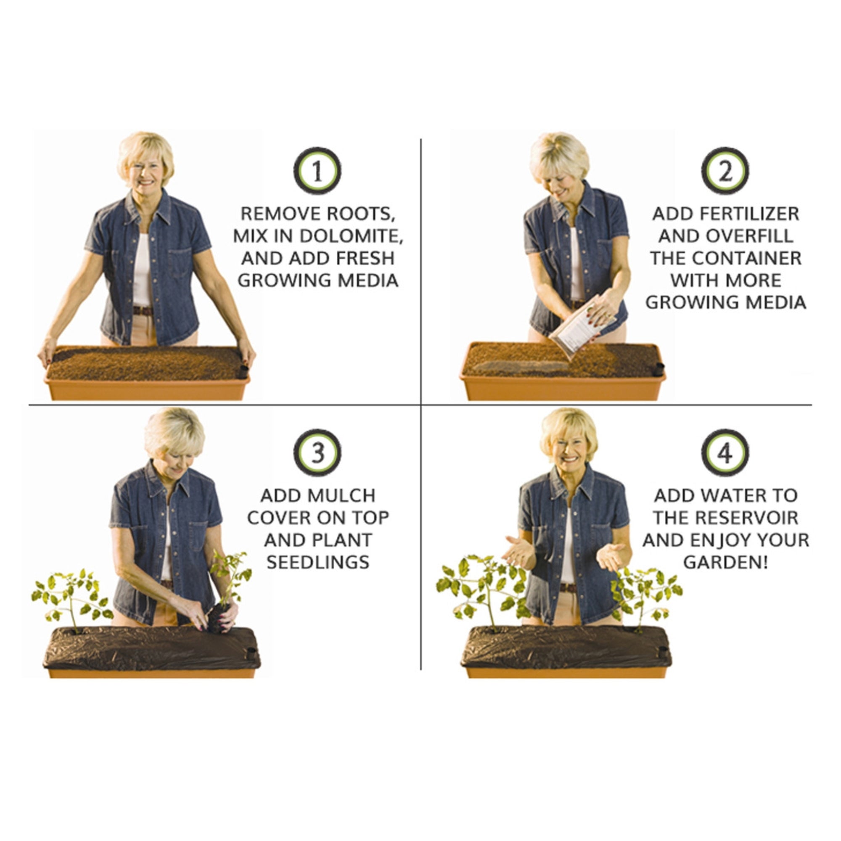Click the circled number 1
[x=317, y=171]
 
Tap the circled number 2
[x=725, y=171]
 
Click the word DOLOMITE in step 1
[x=350, y=236]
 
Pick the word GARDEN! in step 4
[x=725, y=562]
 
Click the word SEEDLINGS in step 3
[x=318, y=562]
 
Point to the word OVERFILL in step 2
[x=750, y=236]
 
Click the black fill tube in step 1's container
[x=243, y=371]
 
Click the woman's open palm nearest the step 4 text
[x=613, y=556]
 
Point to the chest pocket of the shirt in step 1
[x=180, y=262]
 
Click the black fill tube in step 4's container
[x=663, y=652]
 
